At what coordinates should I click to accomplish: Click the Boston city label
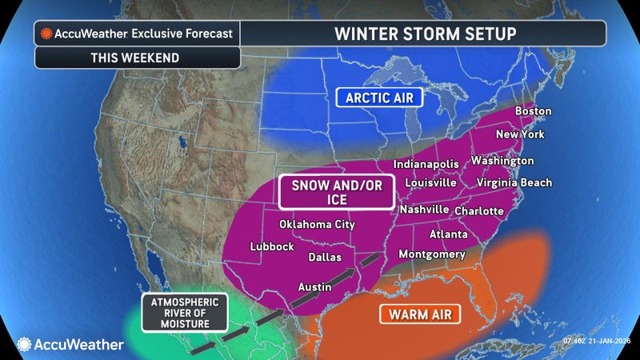tap(533, 110)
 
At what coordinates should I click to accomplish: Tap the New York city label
tap(520, 134)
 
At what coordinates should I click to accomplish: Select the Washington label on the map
tap(502, 160)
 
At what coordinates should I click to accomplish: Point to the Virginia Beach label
tap(514, 182)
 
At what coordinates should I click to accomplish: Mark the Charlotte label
tap(478, 210)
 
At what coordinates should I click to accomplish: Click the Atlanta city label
tap(449, 234)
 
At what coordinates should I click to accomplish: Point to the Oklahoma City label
tap(316, 224)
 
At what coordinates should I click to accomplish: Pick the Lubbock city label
tap(272, 246)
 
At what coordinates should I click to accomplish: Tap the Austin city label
tap(315, 286)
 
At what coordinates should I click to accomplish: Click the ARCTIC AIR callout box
tap(378, 98)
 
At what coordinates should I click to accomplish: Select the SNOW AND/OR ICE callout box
tap(336, 192)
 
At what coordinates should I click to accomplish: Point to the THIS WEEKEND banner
tap(137, 58)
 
